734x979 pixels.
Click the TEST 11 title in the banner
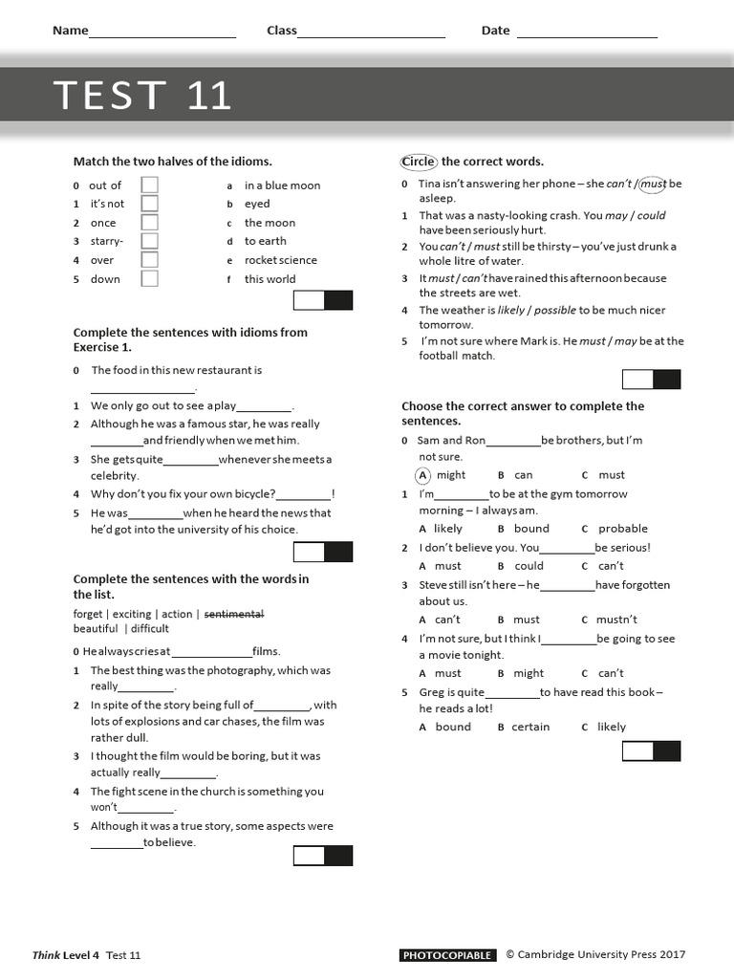[x=142, y=96]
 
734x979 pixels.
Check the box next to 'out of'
[x=150, y=185]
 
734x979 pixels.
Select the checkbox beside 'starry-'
[x=150, y=241]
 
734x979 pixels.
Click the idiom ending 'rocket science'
[x=280, y=260]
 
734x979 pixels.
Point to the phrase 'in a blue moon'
[x=282, y=185]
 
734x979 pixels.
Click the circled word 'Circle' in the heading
[x=418, y=162]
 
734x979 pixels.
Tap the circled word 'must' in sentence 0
[x=653, y=184]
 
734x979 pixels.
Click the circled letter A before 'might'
[x=423, y=475]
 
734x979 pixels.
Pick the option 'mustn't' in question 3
[x=616, y=620]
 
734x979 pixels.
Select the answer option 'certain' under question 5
[x=530, y=727]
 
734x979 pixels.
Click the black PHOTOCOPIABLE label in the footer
[x=447, y=955]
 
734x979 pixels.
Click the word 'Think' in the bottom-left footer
[x=46, y=955]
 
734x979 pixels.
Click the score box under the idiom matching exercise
[x=323, y=301]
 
